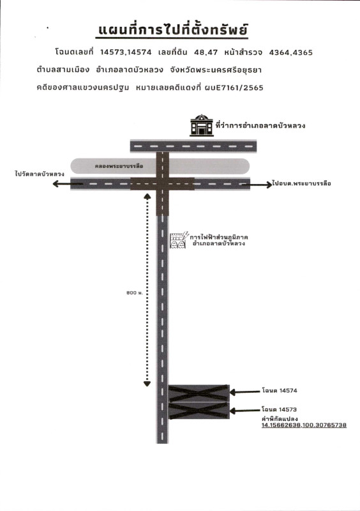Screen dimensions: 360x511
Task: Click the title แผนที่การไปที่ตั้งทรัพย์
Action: tap(173, 30)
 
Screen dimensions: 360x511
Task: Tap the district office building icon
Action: tap(202, 125)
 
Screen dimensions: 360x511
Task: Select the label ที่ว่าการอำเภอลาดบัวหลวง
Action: tap(260, 125)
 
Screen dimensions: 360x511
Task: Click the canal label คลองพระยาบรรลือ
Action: tap(119, 166)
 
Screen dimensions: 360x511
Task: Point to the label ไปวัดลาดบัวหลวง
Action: tap(40, 174)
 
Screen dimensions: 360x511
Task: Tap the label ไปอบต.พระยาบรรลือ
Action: tap(303, 183)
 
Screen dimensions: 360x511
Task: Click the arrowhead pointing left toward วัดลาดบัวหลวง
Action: tap(56, 184)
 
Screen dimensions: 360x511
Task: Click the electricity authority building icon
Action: tap(179, 240)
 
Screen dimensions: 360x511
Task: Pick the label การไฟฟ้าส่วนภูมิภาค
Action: tap(218, 237)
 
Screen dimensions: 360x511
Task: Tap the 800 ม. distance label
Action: tap(135, 293)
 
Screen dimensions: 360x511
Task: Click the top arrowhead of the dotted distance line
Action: tap(147, 196)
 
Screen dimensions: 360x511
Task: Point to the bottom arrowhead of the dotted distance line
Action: tap(147, 384)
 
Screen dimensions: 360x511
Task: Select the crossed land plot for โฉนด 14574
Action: tap(199, 393)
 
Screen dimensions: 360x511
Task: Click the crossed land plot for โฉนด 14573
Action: tap(199, 411)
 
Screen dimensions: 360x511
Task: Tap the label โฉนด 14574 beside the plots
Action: tap(280, 390)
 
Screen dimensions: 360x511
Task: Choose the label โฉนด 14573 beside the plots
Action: tap(279, 409)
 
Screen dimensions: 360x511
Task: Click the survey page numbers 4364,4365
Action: tap(291, 52)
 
